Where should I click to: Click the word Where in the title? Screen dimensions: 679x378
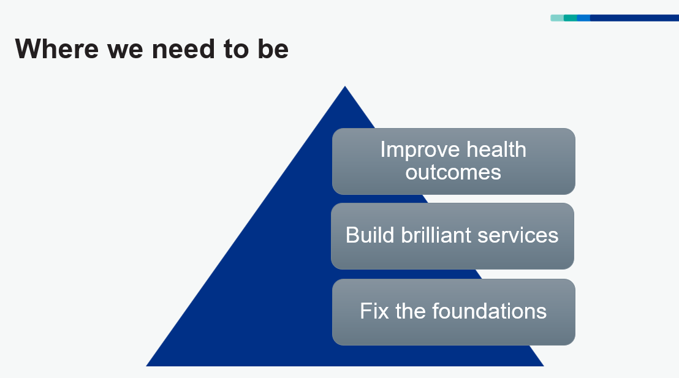pyautogui.click(x=57, y=48)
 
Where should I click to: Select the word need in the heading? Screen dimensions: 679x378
pyautogui.click(x=183, y=48)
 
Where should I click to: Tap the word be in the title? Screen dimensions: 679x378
pyautogui.click(x=273, y=48)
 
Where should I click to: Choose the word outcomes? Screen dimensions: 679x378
pyautogui.click(x=453, y=172)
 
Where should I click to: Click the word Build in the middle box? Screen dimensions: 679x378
pyautogui.click(x=370, y=235)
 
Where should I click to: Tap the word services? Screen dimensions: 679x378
pyautogui.click(x=518, y=236)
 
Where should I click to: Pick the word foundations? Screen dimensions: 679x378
pyautogui.click(x=489, y=311)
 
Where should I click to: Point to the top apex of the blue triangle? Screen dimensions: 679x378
pyautogui.click(x=344, y=86)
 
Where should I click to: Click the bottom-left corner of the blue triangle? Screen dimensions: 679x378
pyautogui.click(x=146, y=366)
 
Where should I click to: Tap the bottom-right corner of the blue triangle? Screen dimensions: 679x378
pyautogui.click(x=544, y=366)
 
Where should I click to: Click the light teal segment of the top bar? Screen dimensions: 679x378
pyautogui.click(x=557, y=18)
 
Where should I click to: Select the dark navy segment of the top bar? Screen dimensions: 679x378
pyautogui.click(x=634, y=18)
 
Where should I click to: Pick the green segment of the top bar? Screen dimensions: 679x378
pyautogui.click(x=571, y=18)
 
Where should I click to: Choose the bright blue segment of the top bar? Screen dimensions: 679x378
pyautogui.click(x=583, y=18)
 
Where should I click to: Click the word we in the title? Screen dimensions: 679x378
pyautogui.click(x=125, y=51)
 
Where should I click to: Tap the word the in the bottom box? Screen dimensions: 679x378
pyautogui.click(x=410, y=311)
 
